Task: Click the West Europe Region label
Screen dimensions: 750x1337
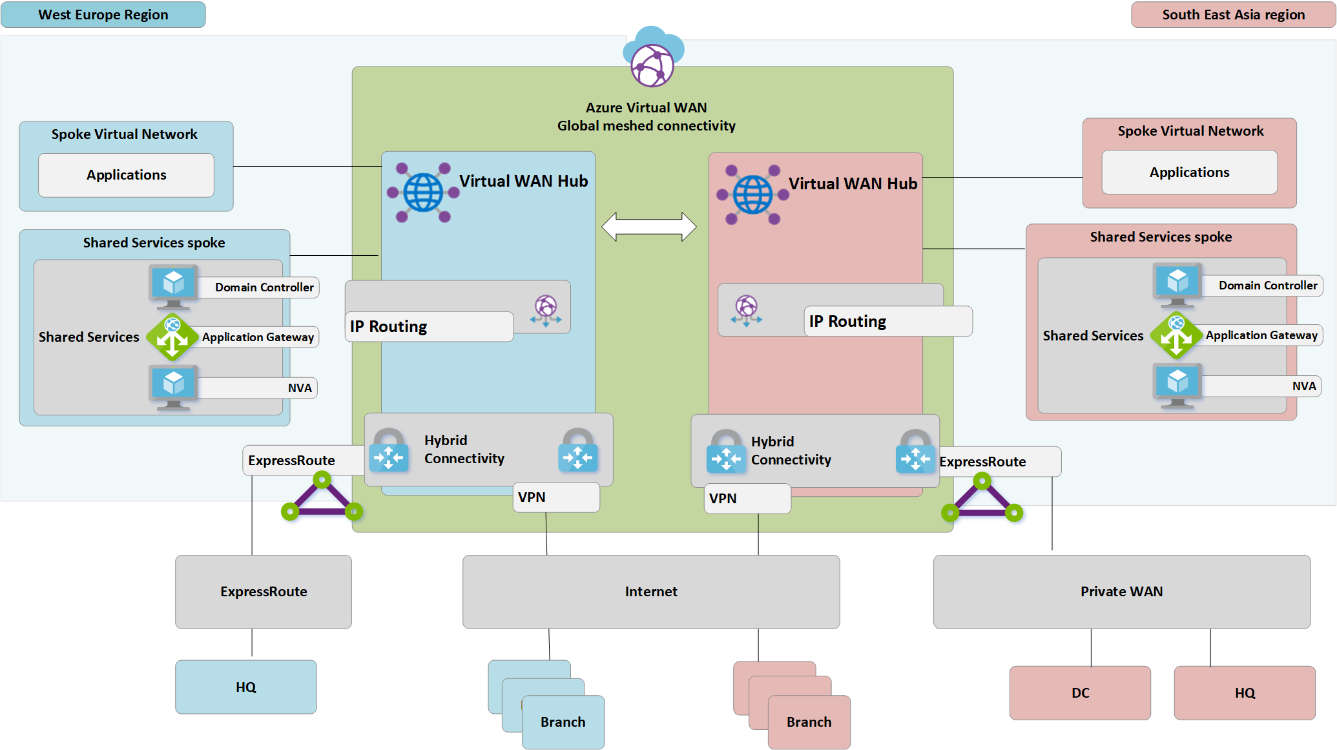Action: tap(103, 14)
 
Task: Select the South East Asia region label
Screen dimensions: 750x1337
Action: tap(1232, 14)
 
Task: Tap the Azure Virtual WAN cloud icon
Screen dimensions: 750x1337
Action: tap(652, 58)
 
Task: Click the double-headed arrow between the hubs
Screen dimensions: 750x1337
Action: tap(648, 227)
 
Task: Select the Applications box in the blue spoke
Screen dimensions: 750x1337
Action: tap(126, 175)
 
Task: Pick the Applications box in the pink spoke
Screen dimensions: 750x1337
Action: tap(1188, 172)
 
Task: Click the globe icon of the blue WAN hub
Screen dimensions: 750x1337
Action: tap(423, 193)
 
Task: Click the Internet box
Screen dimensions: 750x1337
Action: tap(650, 592)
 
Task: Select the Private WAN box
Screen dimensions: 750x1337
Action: tap(1121, 592)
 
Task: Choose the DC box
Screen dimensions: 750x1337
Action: tap(1080, 693)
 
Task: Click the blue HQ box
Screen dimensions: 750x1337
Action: tap(245, 687)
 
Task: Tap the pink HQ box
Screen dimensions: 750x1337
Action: tap(1244, 693)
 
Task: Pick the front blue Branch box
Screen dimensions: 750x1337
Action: tap(563, 722)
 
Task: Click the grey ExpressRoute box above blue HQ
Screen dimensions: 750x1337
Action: tap(263, 592)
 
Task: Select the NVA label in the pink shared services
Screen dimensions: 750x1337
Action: tap(1303, 386)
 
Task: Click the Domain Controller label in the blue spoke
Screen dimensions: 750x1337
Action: tap(264, 287)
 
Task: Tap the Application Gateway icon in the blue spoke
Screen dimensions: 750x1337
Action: tap(172, 337)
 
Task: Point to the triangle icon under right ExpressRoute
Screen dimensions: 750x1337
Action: tap(982, 500)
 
